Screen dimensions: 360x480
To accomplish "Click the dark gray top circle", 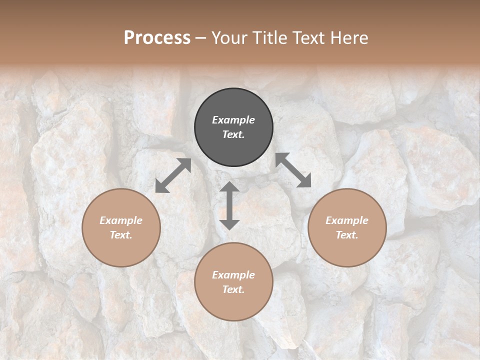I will pos(233,127).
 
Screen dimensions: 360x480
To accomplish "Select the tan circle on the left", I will pos(121,227).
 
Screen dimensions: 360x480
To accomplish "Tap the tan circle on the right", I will pos(347,227).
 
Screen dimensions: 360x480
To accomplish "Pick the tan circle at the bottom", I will pos(233,282).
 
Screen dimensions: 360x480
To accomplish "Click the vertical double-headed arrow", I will pos(229,205).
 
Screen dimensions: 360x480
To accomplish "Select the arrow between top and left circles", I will pos(173,175).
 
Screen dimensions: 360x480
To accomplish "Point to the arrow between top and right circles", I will pos(293,170).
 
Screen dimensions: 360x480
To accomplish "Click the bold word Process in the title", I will pos(157,37).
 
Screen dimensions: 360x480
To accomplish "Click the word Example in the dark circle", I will pos(233,120).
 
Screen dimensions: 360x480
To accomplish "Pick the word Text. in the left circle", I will pos(121,235).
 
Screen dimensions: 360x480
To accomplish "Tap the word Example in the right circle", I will pos(347,220).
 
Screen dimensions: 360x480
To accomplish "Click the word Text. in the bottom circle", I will pos(233,289).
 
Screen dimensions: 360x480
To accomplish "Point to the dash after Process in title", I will pos(200,38).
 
